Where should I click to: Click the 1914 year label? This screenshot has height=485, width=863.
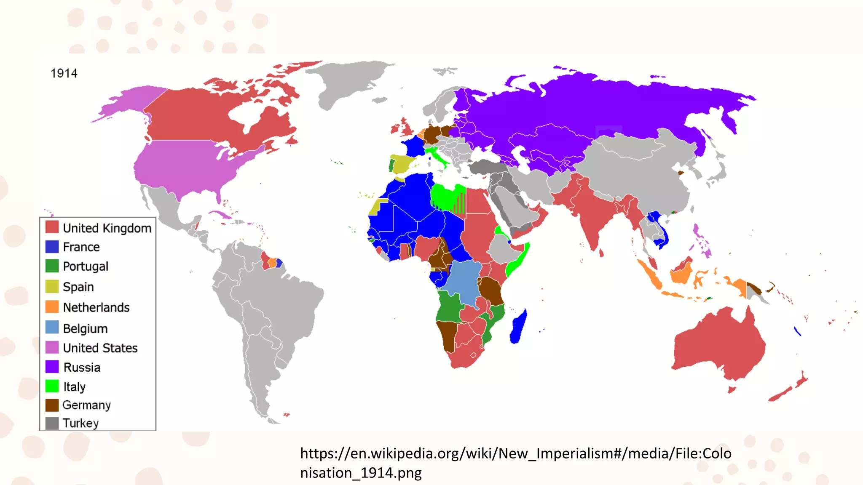(x=64, y=74)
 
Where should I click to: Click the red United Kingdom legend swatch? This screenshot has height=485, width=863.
(x=52, y=227)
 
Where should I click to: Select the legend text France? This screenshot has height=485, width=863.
(x=81, y=247)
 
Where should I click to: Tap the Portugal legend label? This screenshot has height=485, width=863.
(x=86, y=266)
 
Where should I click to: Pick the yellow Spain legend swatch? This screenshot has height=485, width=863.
(x=52, y=286)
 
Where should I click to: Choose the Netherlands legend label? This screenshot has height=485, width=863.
(x=96, y=307)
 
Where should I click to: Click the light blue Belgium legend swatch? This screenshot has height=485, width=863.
(x=52, y=327)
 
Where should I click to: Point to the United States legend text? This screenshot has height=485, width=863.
(x=100, y=348)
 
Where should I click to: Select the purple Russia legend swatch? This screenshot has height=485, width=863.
(x=52, y=367)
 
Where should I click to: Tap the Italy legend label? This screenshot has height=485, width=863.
(x=75, y=386)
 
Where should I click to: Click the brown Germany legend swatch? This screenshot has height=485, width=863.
(x=52, y=405)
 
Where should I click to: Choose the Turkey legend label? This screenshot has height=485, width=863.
(x=80, y=423)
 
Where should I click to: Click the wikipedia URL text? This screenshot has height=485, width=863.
(x=515, y=463)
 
